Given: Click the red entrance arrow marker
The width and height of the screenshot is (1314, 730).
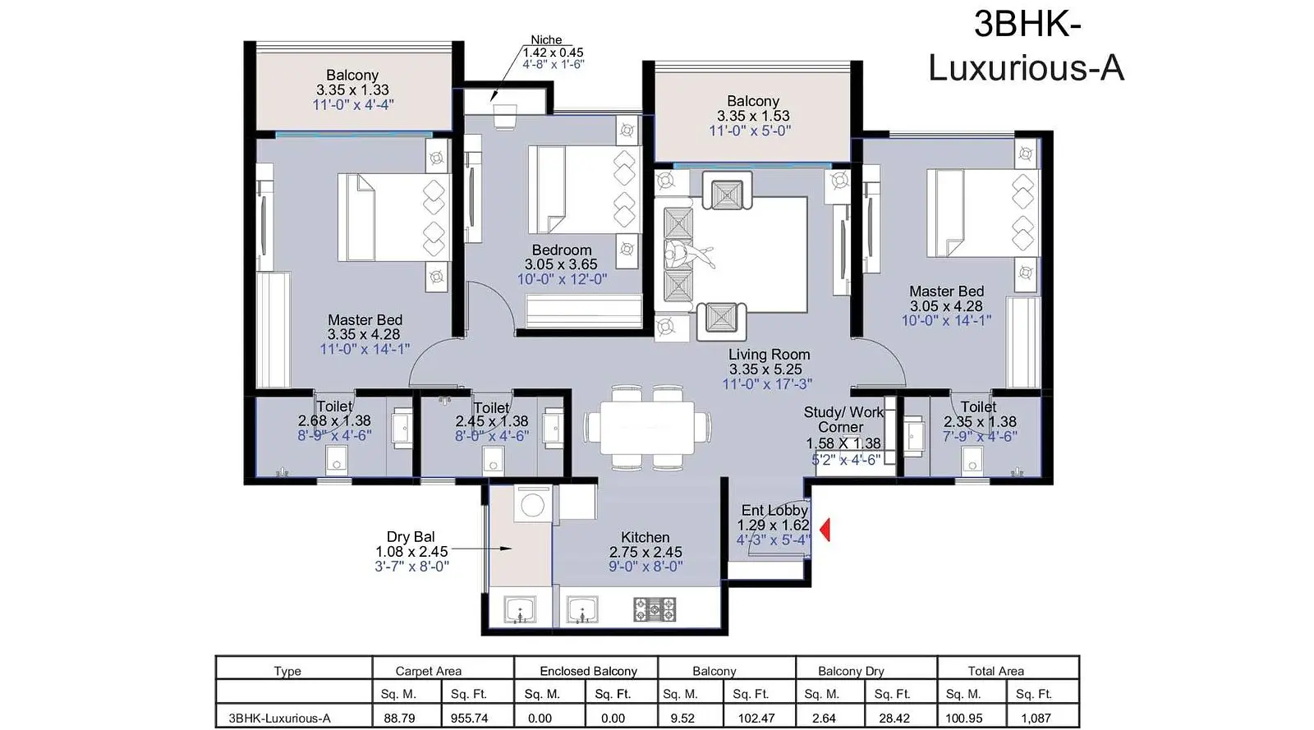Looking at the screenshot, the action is click(825, 530).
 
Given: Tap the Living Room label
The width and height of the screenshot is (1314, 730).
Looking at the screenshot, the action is click(769, 355).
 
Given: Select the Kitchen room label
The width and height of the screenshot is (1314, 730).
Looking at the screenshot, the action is click(646, 537).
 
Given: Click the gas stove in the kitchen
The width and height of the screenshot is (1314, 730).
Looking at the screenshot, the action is click(655, 609).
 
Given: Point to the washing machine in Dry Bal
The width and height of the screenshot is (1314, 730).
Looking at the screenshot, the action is click(533, 503).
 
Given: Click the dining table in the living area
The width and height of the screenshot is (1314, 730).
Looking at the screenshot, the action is click(648, 427).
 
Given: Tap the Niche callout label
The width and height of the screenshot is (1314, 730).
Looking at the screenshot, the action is click(546, 40).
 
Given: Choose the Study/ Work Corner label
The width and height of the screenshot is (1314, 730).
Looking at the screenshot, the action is click(843, 420).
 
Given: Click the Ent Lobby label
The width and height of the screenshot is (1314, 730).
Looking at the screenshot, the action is click(774, 510).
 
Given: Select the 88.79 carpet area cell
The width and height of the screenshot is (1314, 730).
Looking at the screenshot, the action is click(399, 718).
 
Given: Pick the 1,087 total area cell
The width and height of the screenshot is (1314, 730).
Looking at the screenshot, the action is click(1036, 718).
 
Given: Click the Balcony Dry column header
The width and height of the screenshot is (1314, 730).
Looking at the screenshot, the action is click(851, 671).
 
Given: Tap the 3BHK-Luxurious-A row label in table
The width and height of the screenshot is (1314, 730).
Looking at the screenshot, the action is click(280, 718).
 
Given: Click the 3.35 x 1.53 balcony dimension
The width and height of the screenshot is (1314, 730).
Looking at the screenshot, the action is click(752, 116).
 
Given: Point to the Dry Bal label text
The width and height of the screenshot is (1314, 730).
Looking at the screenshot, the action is click(411, 536).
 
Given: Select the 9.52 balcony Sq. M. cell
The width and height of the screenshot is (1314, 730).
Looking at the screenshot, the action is click(682, 718).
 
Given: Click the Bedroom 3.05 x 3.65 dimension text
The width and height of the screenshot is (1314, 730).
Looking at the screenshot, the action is click(561, 264).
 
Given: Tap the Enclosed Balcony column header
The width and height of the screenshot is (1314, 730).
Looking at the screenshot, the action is click(588, 671).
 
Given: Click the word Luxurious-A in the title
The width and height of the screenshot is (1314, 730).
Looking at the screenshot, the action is click(1026, 67).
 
